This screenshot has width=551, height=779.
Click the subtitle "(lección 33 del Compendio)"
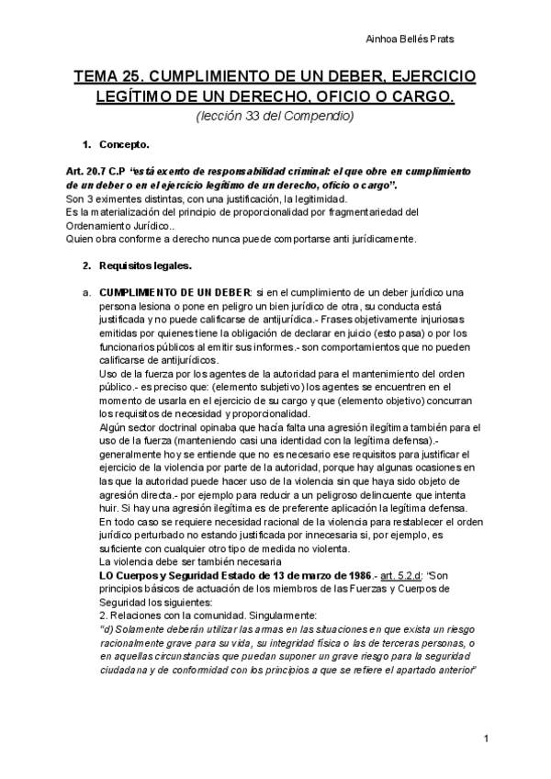coord(275,116)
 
